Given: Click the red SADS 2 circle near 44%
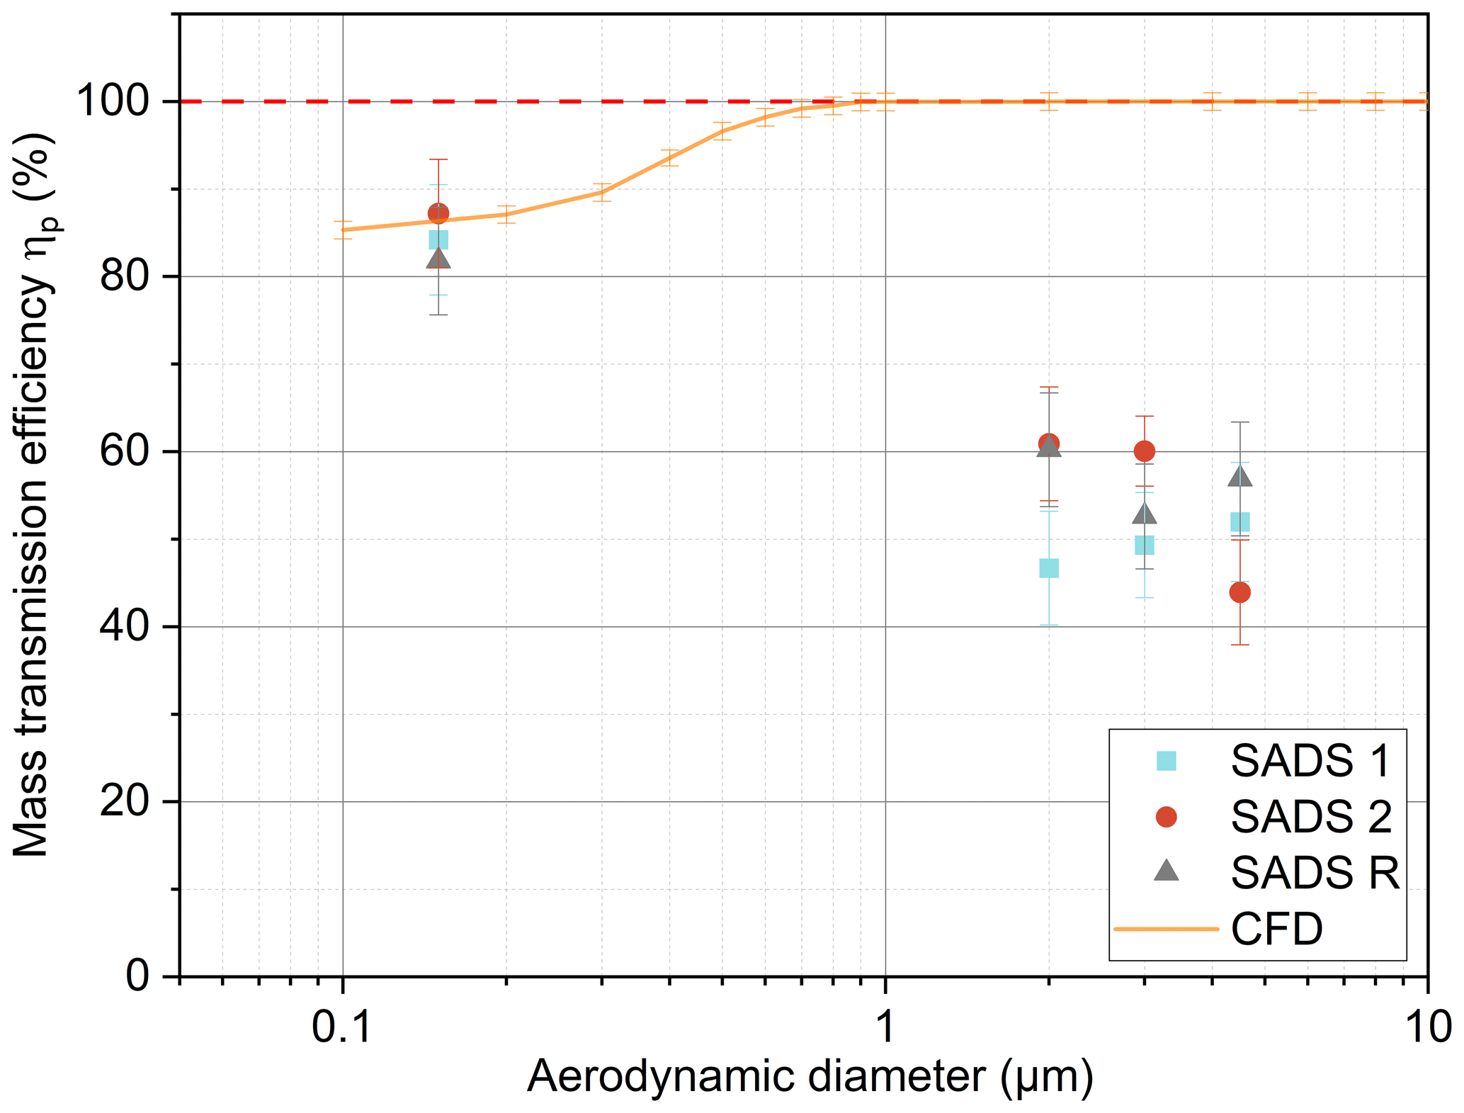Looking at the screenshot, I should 1239,592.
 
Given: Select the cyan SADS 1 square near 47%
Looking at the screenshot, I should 1049,568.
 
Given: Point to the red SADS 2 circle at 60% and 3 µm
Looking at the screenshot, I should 1144,451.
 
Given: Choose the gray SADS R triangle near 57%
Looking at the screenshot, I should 1239,476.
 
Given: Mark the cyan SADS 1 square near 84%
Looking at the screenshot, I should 438,240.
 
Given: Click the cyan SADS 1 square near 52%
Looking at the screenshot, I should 1239,523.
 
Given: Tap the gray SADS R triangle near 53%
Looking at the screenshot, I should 1144,515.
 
